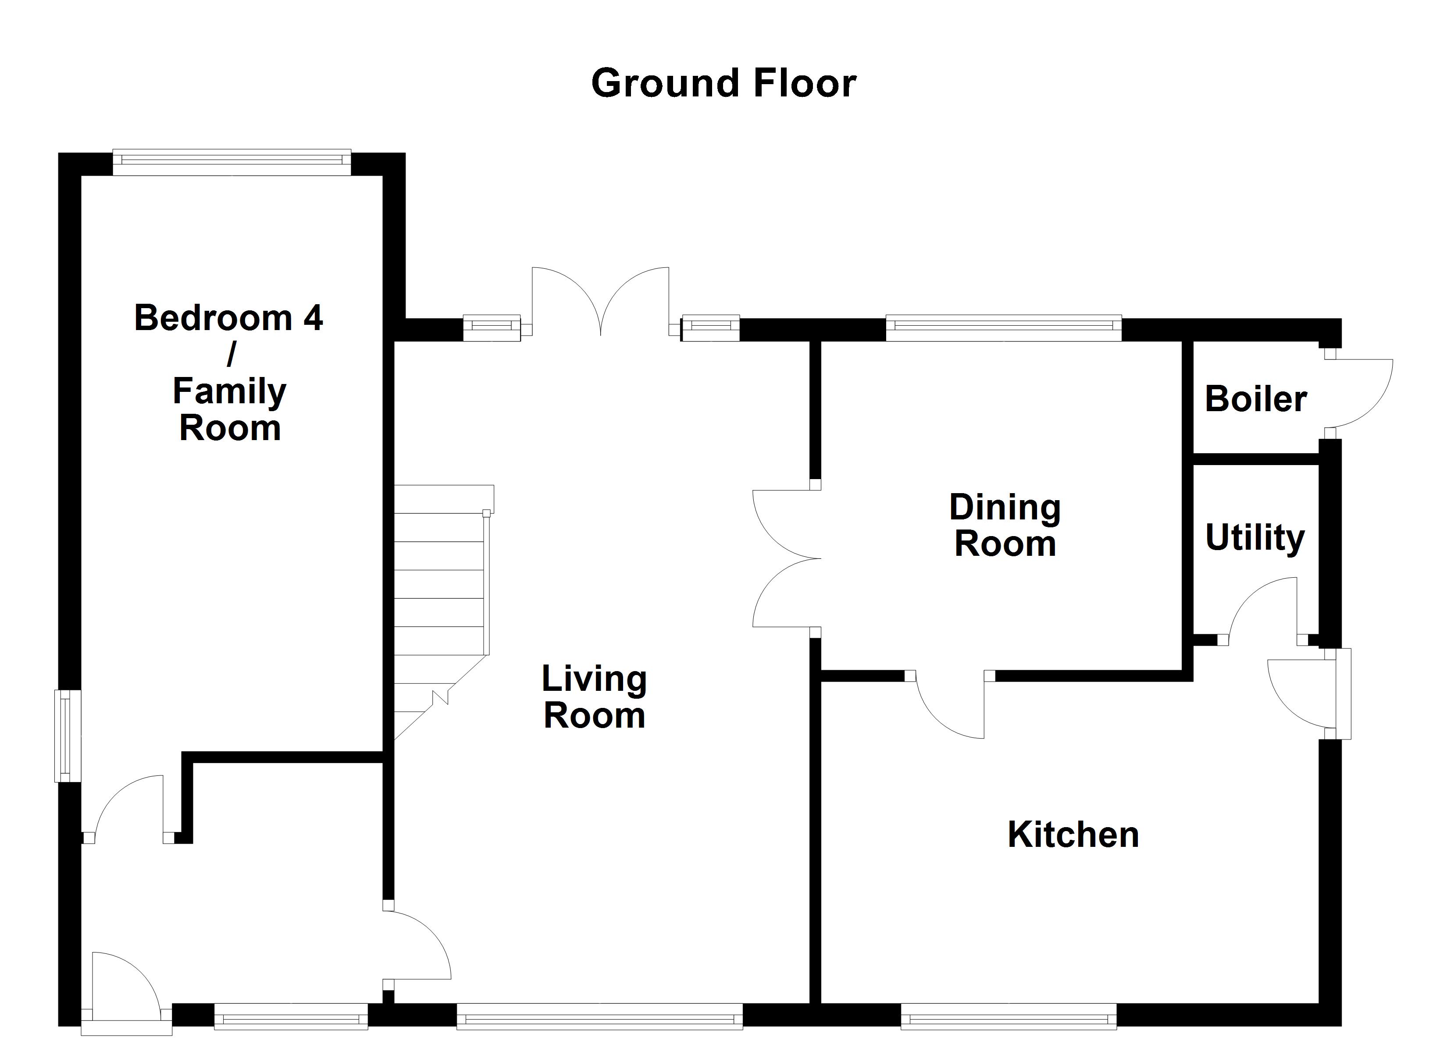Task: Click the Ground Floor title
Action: (x=723, y=84)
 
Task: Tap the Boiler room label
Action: (x=1255, y=399)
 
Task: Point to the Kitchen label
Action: (x=1073, y=835)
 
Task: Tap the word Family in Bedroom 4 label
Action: (x=230, y=392)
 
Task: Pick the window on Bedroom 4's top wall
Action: (x=232, y=162)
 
